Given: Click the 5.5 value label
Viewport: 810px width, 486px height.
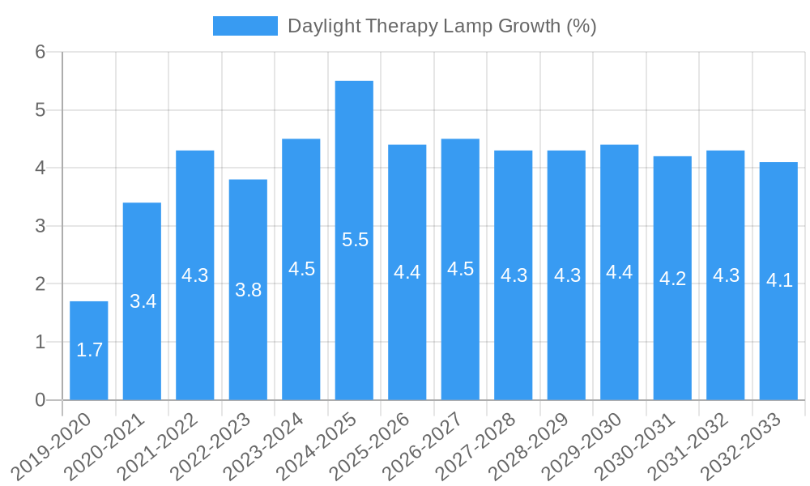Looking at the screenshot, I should (x=355, y=240).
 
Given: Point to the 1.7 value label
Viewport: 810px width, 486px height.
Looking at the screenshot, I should (x=89, y=350).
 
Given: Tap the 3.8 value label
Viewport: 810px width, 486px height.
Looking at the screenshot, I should (x=248, y=290).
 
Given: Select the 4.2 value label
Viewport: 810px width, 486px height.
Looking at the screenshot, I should (x=672, y=279).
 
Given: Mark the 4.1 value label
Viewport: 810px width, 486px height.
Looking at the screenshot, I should (x=779, y=280).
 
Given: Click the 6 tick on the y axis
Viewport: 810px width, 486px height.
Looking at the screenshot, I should (x=40, y=52).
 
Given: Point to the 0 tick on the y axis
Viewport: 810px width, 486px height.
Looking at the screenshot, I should (x=40, y=400).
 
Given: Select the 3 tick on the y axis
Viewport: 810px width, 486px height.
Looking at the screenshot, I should (x=40, y=226).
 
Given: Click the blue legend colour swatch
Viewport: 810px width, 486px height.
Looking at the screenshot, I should (x=245, y=26).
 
